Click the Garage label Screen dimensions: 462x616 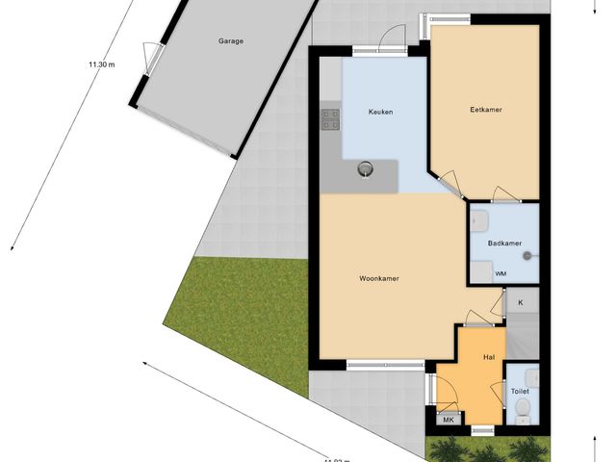tap(230, 41)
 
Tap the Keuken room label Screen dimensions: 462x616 tap(381, 113)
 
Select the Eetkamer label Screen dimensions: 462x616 tap(487, 110)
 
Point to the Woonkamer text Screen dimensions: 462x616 tap(379, 278)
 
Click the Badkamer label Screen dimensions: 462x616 tap(504, 244)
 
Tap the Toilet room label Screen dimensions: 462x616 tap(521, 392)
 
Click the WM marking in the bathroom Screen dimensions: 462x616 tap(500, 273)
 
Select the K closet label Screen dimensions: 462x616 tap(521, 303)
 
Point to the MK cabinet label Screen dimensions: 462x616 tap(448, 420)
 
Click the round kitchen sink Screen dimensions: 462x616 tap(366, 170)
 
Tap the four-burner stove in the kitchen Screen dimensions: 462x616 tap(331, 119)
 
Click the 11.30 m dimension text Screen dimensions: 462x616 tap(101, 64)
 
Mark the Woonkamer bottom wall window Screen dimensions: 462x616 tap(385, 364)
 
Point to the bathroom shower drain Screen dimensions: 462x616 tap(528, 255)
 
